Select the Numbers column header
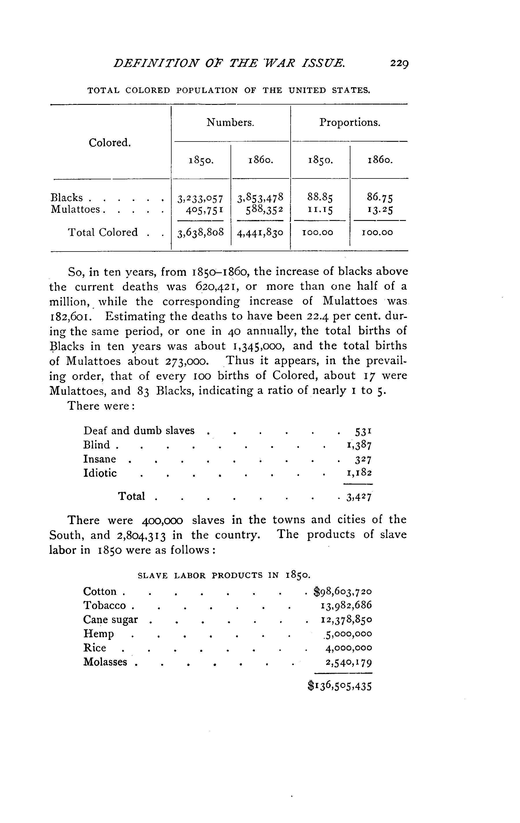tap(230, 122)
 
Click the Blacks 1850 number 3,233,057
tap(200, 198)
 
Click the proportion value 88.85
tap(320, 197)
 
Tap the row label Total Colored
tap(103, 232)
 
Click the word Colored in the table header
tap(110, 143)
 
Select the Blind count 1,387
tap(359, 445)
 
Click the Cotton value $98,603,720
tap(343, 591)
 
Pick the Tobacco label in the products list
tap(105, 605)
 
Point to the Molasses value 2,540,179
tap(348, 662)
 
